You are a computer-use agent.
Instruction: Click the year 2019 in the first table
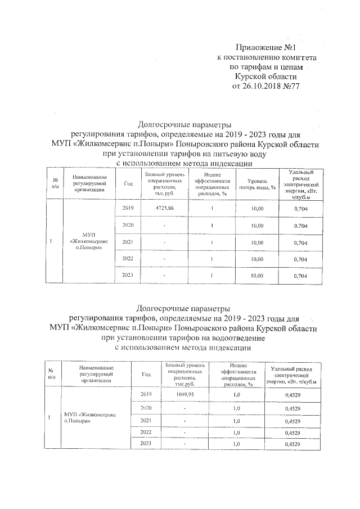(129, 208)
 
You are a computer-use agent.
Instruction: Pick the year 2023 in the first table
(129, 276)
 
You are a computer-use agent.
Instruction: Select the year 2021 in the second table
(146, 420)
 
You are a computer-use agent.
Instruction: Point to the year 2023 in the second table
(146, 444)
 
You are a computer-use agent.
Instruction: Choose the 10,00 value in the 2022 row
(256, 259)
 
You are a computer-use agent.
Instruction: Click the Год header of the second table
(146, 374)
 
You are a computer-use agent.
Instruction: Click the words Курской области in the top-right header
(265, 76)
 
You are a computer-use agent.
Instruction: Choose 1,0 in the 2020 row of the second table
(236, 408)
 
